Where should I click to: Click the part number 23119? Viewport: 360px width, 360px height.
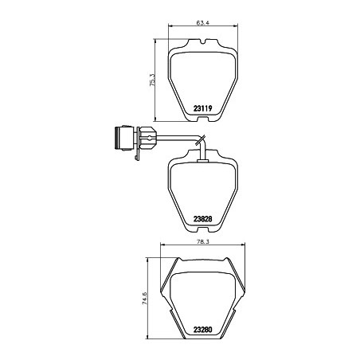click(203, 108)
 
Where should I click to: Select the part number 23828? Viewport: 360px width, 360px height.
click(203, 219)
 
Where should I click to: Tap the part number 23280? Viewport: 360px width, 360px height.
click(203, 330)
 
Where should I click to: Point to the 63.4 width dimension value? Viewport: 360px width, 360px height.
click(203, 23)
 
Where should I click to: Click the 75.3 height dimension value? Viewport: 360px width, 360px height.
click(153, 80)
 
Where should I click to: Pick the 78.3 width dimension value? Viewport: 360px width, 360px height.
click(203, 242)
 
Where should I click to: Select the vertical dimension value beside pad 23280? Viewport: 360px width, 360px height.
click(145, 298)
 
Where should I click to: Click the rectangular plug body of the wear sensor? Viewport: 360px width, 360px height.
click(123, 138)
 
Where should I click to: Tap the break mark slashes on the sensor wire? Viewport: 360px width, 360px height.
click(200, 139)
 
